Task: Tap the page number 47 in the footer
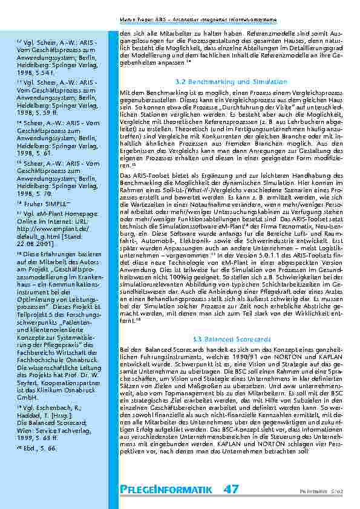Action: [x=231, y=489]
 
